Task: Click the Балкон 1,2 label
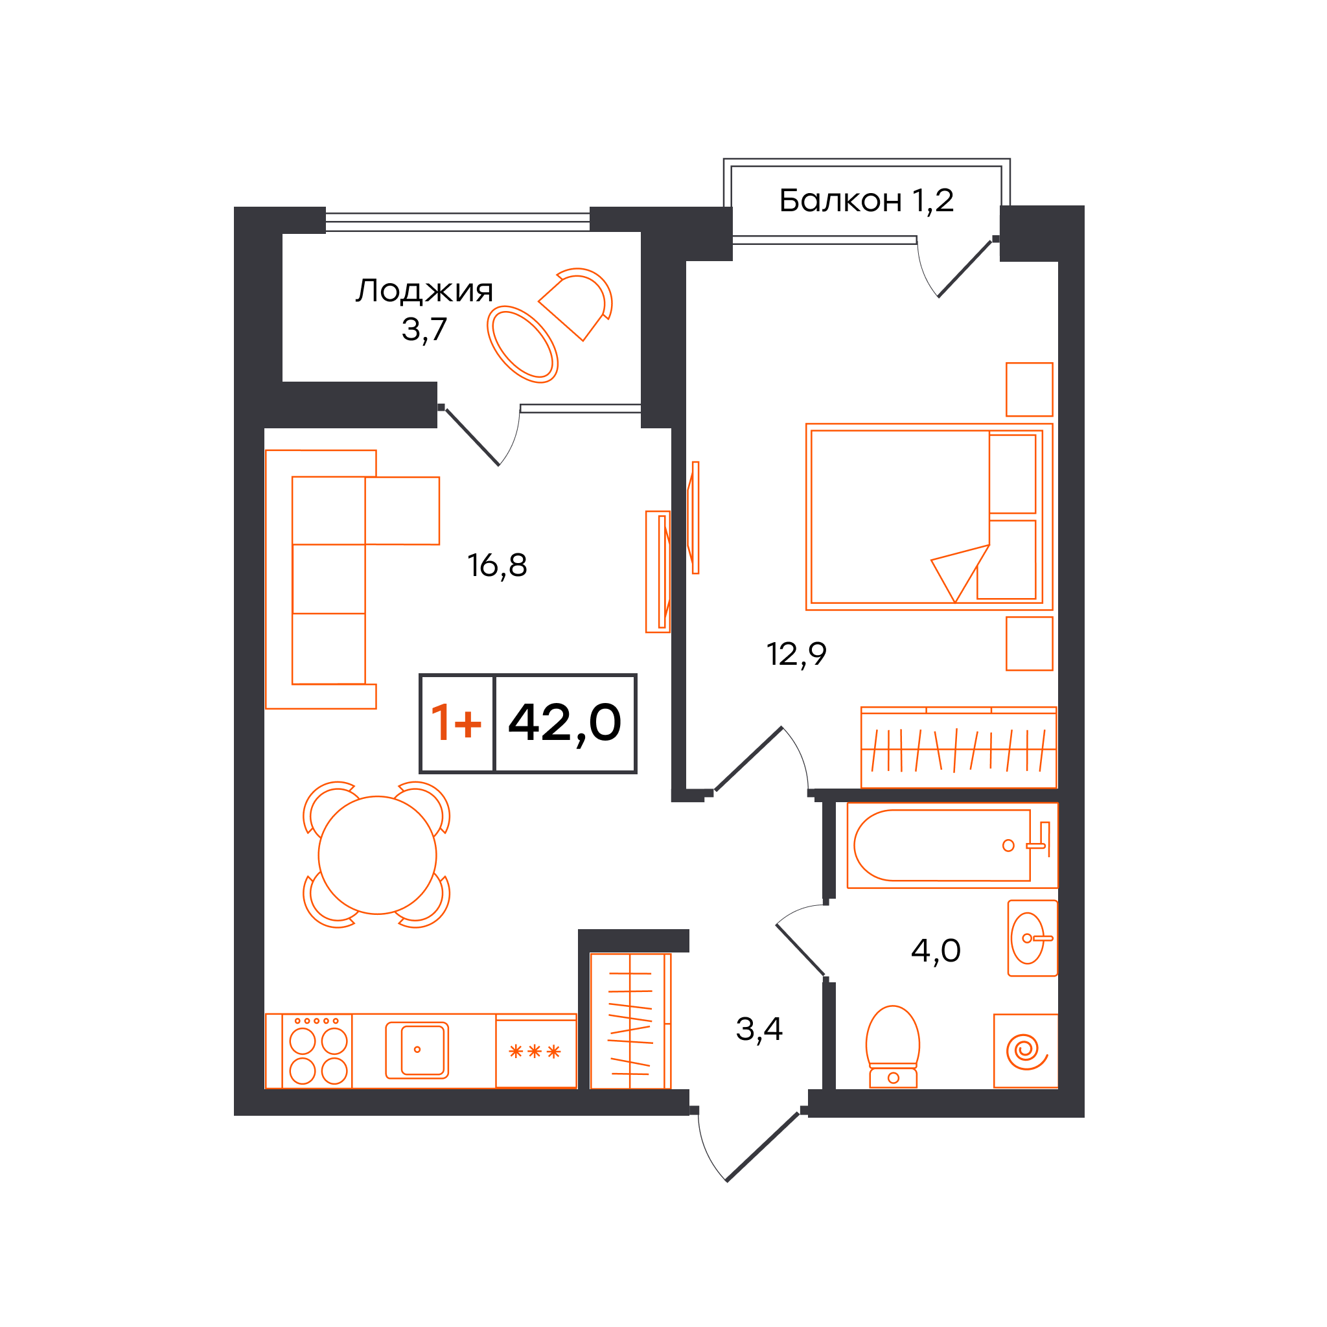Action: point(866,201)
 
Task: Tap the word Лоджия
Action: point(424,291)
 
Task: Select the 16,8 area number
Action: point(497,565)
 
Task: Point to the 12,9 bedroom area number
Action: point(796,654)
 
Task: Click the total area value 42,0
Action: point(564,723)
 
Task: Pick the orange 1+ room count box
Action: point(456,723)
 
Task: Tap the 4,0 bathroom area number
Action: point(936,951)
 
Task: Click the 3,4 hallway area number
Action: point(759,1029)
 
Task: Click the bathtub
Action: point(952,846)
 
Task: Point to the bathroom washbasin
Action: point(1032,938)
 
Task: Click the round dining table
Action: point(377,855)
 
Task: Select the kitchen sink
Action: point(417,1050)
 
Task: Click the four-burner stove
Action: point(318,1051)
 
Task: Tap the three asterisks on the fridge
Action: point(535,1052)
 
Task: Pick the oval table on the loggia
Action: point(523,344)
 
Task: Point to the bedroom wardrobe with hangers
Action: point(959,747)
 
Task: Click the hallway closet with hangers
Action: point(630,1021)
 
